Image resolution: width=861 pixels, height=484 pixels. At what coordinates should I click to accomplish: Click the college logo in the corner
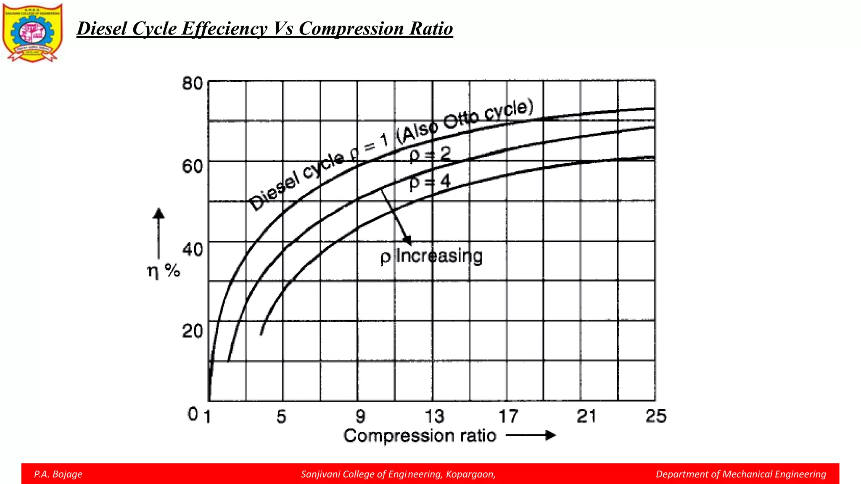(32, 33)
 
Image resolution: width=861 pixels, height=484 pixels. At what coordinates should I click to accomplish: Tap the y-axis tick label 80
(193, 84)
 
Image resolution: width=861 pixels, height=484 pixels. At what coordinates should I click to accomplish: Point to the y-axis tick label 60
(193, 166)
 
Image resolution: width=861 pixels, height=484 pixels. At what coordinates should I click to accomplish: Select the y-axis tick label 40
(193, 249)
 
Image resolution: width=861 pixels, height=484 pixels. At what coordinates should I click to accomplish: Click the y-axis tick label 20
(193, 331)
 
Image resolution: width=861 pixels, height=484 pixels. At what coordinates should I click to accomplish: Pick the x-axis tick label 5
(281, 416)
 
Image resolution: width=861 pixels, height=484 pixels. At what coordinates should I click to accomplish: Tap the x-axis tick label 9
(360, 416)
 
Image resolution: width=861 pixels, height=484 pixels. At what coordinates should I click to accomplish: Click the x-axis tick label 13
(434, 416)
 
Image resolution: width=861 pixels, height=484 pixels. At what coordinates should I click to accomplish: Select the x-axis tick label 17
(508, 416)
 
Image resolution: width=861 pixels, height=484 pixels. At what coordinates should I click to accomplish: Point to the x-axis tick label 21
(586, 416)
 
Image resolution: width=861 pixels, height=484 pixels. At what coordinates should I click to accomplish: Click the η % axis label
(164, 271)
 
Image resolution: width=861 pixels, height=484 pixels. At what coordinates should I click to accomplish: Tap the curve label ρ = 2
(430, 154)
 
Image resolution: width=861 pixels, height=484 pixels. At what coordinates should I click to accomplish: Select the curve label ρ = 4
(430, 182)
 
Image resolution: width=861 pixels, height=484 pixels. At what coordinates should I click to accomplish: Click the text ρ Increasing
(431, 256)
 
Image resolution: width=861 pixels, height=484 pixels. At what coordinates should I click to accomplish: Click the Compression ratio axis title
(420, 436)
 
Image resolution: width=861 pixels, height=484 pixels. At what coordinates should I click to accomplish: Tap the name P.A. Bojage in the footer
(58, 474)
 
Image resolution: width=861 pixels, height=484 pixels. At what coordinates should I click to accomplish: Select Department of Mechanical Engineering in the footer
(741, 474)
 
